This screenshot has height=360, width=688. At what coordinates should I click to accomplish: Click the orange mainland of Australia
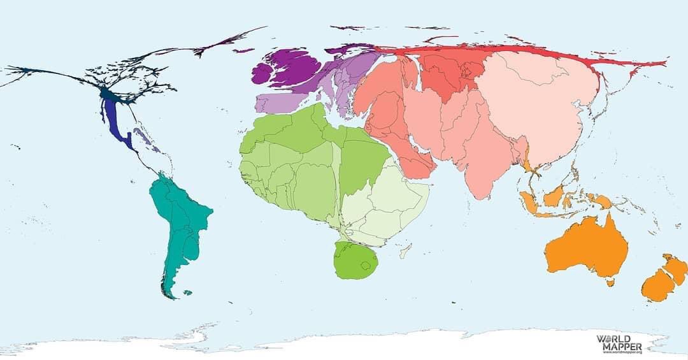(586, 248)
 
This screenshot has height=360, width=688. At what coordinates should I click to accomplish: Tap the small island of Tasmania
(611, 282)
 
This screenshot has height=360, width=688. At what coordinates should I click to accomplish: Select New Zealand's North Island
(675, 269)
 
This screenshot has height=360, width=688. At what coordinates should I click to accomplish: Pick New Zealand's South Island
(657, 286)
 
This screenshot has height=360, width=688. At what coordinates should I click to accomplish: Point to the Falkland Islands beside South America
(187, 293)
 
